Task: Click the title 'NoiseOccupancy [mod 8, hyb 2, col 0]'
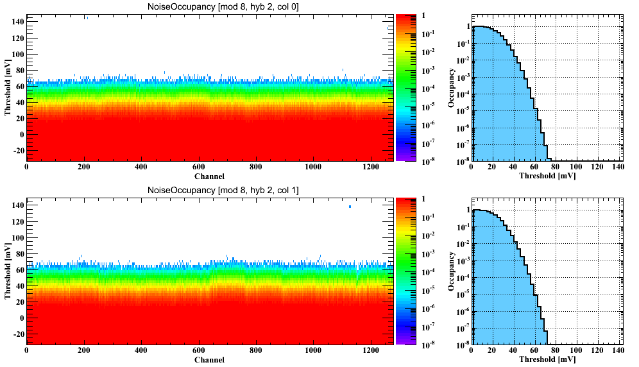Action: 209,6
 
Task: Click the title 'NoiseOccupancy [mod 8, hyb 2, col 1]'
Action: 209,190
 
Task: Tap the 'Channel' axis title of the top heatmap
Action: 209,176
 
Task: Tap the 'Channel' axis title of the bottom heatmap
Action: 209,360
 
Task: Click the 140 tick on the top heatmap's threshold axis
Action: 16,21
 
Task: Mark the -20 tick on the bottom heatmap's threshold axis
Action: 15,334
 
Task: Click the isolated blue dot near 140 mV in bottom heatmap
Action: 350,207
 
